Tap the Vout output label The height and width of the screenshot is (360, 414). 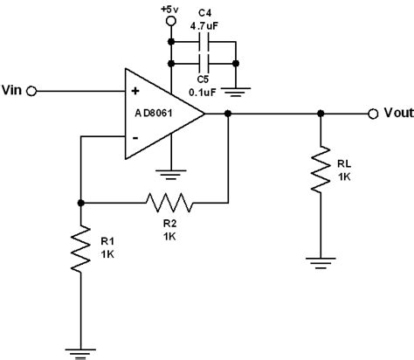(395, 114)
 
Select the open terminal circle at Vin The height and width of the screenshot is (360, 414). (33, 90)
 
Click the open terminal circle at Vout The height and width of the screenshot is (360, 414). (373, 113)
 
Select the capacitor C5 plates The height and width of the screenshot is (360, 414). (204, 64)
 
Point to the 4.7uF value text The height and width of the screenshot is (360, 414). (204, 24)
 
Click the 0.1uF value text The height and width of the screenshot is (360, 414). (204, 87)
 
